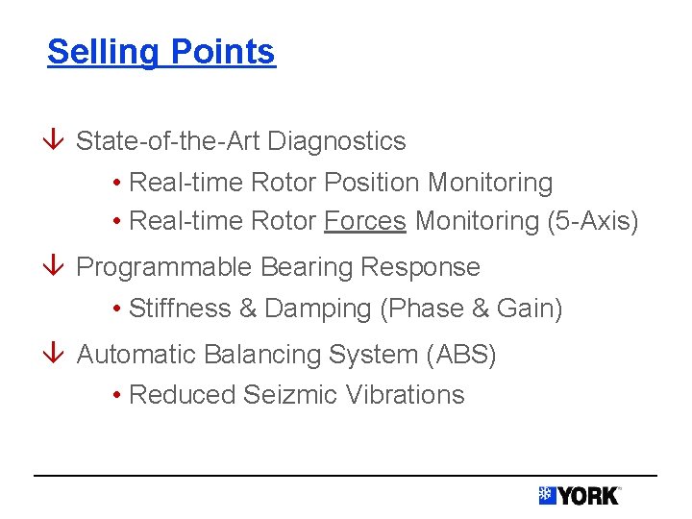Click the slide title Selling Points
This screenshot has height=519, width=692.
(x=161, y=52)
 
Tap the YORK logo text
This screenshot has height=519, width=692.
(x=587, y=496)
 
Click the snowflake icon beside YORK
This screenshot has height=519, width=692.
(x=547, y=495)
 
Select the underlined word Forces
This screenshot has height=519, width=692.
(x=365, y=222)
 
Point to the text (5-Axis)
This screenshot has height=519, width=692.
(x=592, y=222)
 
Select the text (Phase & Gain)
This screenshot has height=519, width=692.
(x=471, y=309)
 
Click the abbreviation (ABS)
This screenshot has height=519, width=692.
(x=460, y=356)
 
